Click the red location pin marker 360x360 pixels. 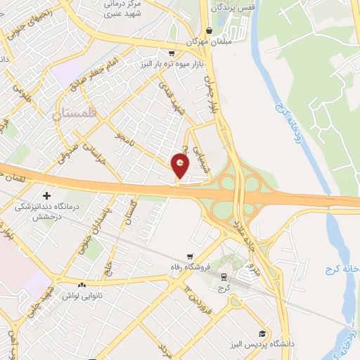pos(181,167)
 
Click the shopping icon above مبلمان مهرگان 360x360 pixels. pos(209,30)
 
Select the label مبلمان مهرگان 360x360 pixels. pos(209,41)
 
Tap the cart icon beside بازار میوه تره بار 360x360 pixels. pos(171,53)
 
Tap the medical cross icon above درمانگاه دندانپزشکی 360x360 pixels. pos(46,195)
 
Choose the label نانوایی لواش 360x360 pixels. pos(83,295)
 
